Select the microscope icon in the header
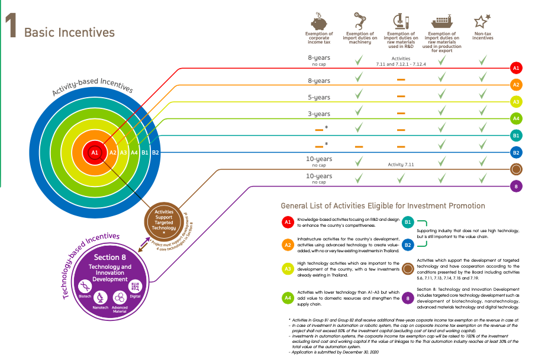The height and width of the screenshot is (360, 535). pyautogui.click(x=401, y=22)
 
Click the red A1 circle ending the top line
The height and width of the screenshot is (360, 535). pyautogui.click(x=515, y=68)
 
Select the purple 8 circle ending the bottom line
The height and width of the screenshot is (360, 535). pyautogui.click(x=515, y=186)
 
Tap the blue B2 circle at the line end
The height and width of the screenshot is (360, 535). pyautogui.click(x=515, y=152)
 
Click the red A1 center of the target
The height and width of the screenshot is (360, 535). pyautogui.click(x=94, y=153)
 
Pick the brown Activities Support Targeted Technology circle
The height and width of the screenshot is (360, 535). pyautogui.click(x=164, y=220)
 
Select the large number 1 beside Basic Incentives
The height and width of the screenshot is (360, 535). pyautogui.click(x=10, y=27)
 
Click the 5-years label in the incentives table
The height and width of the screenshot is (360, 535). pyautogui.click(x=319, y=97)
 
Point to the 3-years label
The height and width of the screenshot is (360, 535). pyautogui.click(x=319, y=114)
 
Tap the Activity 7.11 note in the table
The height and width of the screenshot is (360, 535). pyautogui.click(x=401, y=165)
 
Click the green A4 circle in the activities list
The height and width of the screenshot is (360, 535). pyautogui.click(x=288, y=298)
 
